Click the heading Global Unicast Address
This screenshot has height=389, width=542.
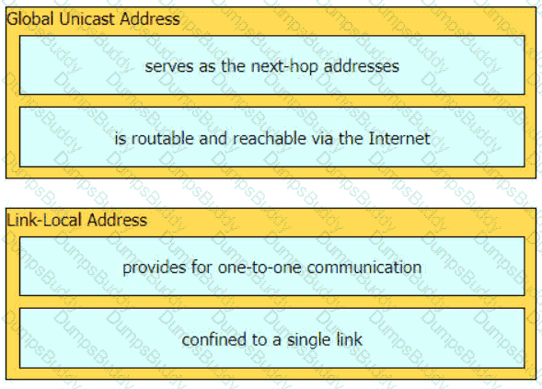point(93,18)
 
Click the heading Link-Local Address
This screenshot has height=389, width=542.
point(77,220)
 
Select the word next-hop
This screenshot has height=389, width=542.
point(284,67)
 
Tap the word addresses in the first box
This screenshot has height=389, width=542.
point(362,66)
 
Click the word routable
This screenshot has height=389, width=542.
point(162,139)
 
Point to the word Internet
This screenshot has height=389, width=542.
point(399,139)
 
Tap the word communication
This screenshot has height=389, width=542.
point(364,268)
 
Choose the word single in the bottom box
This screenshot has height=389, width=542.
point(305,340)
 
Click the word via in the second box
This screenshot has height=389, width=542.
point(322,139)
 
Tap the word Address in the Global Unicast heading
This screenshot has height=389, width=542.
point(150,18)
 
